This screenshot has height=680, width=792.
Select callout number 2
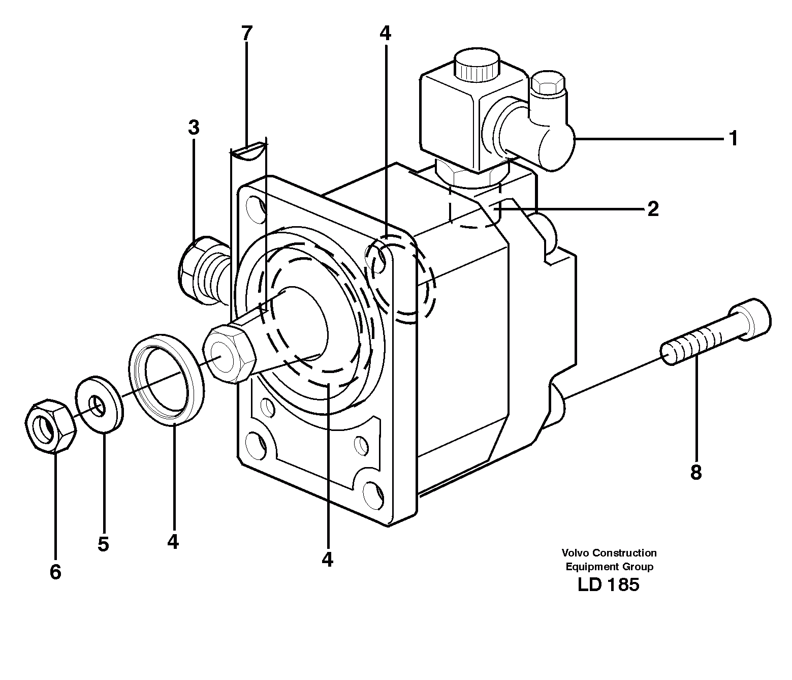(653, 209)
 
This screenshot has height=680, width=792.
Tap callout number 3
(193, 128)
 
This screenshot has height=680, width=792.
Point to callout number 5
(103, 544)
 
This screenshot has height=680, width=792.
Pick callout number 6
(55, 572)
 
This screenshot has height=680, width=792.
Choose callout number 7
(246, 34)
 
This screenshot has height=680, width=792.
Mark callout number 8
(695, 473)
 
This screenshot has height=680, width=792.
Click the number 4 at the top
(385, 34)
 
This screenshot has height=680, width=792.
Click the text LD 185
(608, 585)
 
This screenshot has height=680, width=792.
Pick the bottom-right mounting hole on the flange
(373, 492)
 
